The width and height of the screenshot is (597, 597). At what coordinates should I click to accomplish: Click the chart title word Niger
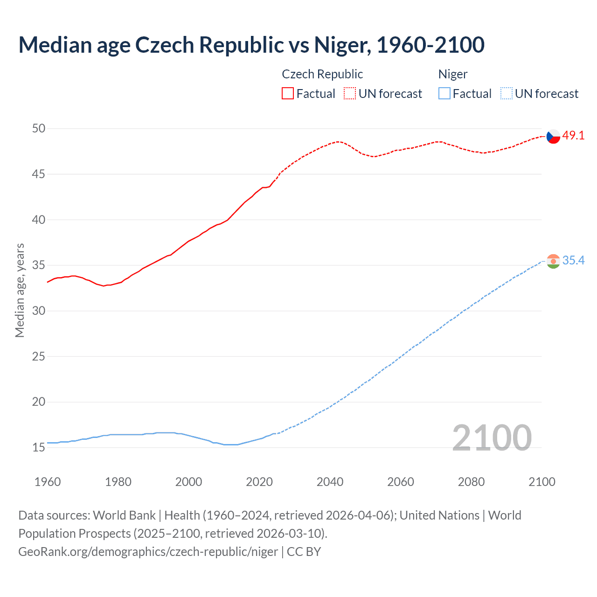pos(342,45)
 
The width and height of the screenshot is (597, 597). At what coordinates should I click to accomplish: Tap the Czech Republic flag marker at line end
pos(553,136)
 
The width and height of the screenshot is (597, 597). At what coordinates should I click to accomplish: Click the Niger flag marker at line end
pos(553,261)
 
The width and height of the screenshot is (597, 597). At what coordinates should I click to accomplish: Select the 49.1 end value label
pos(573,136)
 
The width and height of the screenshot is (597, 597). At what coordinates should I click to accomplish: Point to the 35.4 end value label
pos(573,261)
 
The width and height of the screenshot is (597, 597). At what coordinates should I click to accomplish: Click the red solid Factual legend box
pos(288,93)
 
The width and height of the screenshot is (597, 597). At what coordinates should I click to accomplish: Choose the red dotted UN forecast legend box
pos(350,93)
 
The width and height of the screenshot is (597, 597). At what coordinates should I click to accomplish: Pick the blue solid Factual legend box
pos(444,93)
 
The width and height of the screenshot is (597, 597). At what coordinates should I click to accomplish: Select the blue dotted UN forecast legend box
pos(506,93)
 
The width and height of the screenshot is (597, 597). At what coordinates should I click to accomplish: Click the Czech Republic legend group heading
pos(322,74)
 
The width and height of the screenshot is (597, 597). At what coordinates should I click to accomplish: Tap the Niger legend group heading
pos(452,74)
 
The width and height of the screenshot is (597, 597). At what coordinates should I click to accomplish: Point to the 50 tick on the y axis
pos(39,128)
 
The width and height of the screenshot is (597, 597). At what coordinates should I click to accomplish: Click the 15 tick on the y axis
pos(39,447)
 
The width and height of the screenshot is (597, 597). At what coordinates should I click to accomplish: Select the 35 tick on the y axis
pos(39,265)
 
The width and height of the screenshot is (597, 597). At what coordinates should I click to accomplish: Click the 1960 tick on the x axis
pos(48,482)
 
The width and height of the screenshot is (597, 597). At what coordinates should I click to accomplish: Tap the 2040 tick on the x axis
pos(330,482)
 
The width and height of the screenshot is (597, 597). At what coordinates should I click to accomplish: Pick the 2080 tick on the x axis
pos(471,482)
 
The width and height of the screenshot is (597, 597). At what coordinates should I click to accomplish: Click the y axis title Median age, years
pos(20,290)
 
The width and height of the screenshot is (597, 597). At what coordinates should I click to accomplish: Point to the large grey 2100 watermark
pos(492,438)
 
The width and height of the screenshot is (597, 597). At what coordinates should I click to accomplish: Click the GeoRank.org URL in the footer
pos(148,552)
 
